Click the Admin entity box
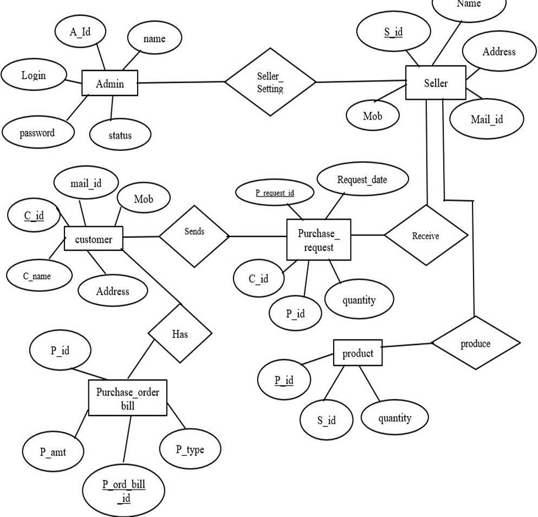[x=110, y=84]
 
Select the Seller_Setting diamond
[x=270, y=82]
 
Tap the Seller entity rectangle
[x=435, y=83]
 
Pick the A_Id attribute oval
[x=80, y=31]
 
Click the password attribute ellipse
[x=37, y=132]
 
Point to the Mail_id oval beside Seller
[x=487, y=119]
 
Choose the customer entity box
[x=93, y=239]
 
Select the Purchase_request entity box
[x=318, y=240]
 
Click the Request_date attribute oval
[x=362, y=180]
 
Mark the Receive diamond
[x=425, y=235]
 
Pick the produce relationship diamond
[x=475, y=343]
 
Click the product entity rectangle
[x=358, y=353]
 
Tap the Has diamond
[x=180, y=333]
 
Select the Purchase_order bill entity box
[x=127, y=398]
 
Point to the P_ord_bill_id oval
[x=124, y=489]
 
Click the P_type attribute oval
[x=190, y=449]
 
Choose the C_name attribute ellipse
[x=38, y=276]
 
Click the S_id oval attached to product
[x=326, y=420]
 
